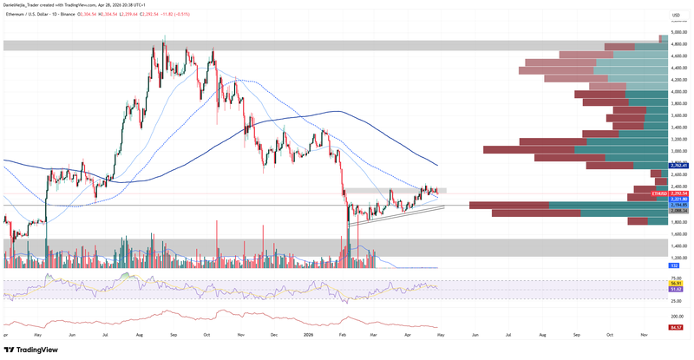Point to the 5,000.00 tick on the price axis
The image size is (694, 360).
(679, 32)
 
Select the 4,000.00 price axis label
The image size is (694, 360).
(679, 91)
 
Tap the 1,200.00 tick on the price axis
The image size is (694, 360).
(679, 257)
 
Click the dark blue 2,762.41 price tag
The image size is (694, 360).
(679, 165)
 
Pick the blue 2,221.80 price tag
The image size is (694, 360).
(679, 200)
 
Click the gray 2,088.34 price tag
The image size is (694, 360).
(679, 211)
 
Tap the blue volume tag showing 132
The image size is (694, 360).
(673, 266)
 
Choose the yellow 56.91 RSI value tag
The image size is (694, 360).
(677, 283)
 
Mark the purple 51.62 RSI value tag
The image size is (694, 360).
(677, 289)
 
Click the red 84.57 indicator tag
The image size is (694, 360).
(677, 327)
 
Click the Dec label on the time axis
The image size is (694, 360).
(273, 334)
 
